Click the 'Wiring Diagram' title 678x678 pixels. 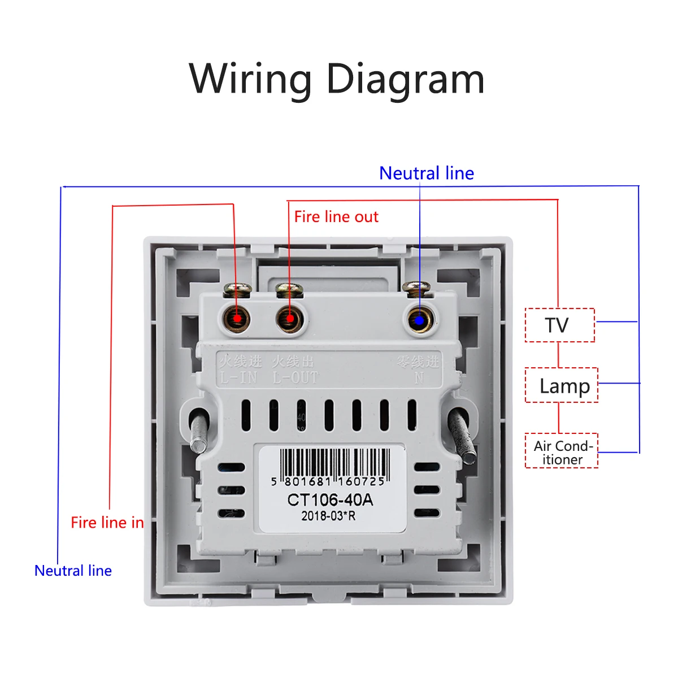pyautogui.click(x=337, y=79)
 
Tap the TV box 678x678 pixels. pyautogui.click(x=559, y=325)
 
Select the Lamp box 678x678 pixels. pyautogui.click(x=562, y=385)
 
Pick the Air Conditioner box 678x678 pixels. pyautogui.click(x=562, y=451)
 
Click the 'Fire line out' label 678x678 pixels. pyautogui.click(x=336, y=217)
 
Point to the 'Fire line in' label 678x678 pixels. pyautogui.click(x=107, y=523)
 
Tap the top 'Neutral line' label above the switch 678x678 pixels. pyautogui.click(x=427, y=173)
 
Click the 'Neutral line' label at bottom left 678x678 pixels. pyautogui.click(x=73, y=571)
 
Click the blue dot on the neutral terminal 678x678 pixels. pyautogui.click(x=419, y=320)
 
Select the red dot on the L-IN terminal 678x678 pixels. pyautogui.click(x=237, y=319)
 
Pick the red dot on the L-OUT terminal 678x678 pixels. pyautogui.click(x=290, y=319)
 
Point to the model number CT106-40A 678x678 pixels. pyautogui.click(x=330, y=500)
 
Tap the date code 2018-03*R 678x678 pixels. pyautogui.click(x=328, y=516)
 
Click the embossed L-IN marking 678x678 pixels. pyautogui.click(x=238, y=377)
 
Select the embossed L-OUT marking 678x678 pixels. pyautogui.click(x=295, y=377)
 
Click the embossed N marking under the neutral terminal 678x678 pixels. pyautogui.click(x=419, y=377)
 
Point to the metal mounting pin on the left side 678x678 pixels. pyautogui.click(x=199, y=432)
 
